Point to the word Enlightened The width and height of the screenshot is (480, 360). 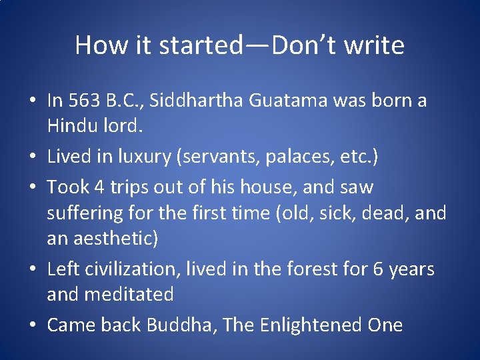point(307,325)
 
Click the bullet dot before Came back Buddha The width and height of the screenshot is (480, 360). point(32,326)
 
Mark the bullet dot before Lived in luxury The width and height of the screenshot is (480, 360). point(32,158)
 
